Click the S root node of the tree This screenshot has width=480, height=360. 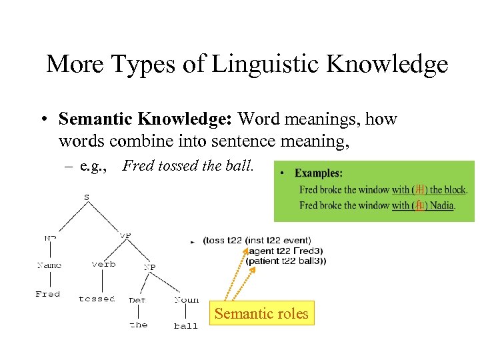point(87,197)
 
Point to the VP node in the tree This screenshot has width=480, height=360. point(125,235)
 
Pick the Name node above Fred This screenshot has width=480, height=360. point(49,265)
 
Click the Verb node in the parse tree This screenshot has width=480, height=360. point(103,264)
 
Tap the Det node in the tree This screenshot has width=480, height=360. point(137,300)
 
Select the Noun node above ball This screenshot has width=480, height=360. point(187,300)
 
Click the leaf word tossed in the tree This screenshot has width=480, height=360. point(97,299)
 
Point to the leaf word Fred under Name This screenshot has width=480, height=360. point(47,294)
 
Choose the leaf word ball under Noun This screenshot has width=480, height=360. point(186,326)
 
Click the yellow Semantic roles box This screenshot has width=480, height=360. point(261,313)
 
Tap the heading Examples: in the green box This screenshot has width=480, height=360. point(319,173)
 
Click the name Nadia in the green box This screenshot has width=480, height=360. point(441,205)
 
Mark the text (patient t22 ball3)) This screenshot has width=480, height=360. point(286,261)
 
